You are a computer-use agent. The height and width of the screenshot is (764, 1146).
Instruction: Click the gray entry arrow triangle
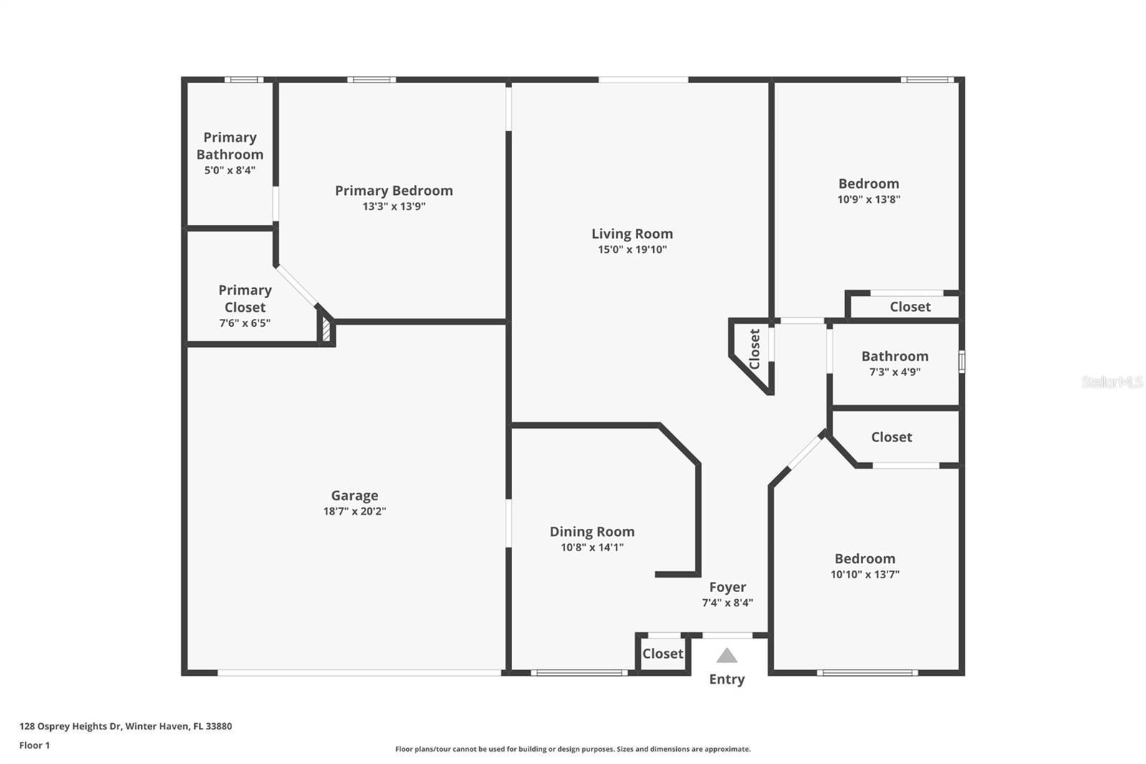[726, 656]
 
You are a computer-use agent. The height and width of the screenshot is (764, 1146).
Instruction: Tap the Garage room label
[355, 495]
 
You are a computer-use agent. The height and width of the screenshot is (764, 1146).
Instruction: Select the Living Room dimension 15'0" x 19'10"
[632, 249]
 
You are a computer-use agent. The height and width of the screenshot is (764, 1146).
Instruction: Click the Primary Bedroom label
[393, 191]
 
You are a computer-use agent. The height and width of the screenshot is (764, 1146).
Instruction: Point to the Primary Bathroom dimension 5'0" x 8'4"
[229, 171]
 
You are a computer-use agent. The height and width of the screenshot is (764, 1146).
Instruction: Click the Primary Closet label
[244, 298]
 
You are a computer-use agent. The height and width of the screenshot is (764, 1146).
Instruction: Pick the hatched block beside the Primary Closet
[326, 330]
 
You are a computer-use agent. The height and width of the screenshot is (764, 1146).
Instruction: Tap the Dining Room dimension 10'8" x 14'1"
[592, 548]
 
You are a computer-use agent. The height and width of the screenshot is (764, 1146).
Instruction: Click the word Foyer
[727, 587]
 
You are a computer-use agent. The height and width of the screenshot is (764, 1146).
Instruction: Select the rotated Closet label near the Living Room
[754, 349]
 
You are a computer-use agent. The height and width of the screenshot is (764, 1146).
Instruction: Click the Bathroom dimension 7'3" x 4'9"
[895, 372]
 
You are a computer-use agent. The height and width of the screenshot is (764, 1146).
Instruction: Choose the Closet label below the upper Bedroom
[910, 307]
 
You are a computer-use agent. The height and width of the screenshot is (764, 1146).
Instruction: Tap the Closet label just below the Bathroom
[891, 437]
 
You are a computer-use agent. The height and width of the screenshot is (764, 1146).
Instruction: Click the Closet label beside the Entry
[663, 654]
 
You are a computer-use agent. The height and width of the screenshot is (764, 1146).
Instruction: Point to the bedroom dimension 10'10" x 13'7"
[865, 574]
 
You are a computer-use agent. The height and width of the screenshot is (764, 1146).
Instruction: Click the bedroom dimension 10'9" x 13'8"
[868, 199]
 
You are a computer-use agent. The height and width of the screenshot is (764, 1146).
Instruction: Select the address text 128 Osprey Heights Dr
[70, 726]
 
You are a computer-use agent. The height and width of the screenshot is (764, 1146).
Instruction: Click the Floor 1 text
[34, 745]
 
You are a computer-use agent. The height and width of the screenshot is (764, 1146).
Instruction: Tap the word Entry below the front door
[726, 679]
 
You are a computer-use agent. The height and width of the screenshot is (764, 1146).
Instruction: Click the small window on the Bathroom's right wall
[961, 361]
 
